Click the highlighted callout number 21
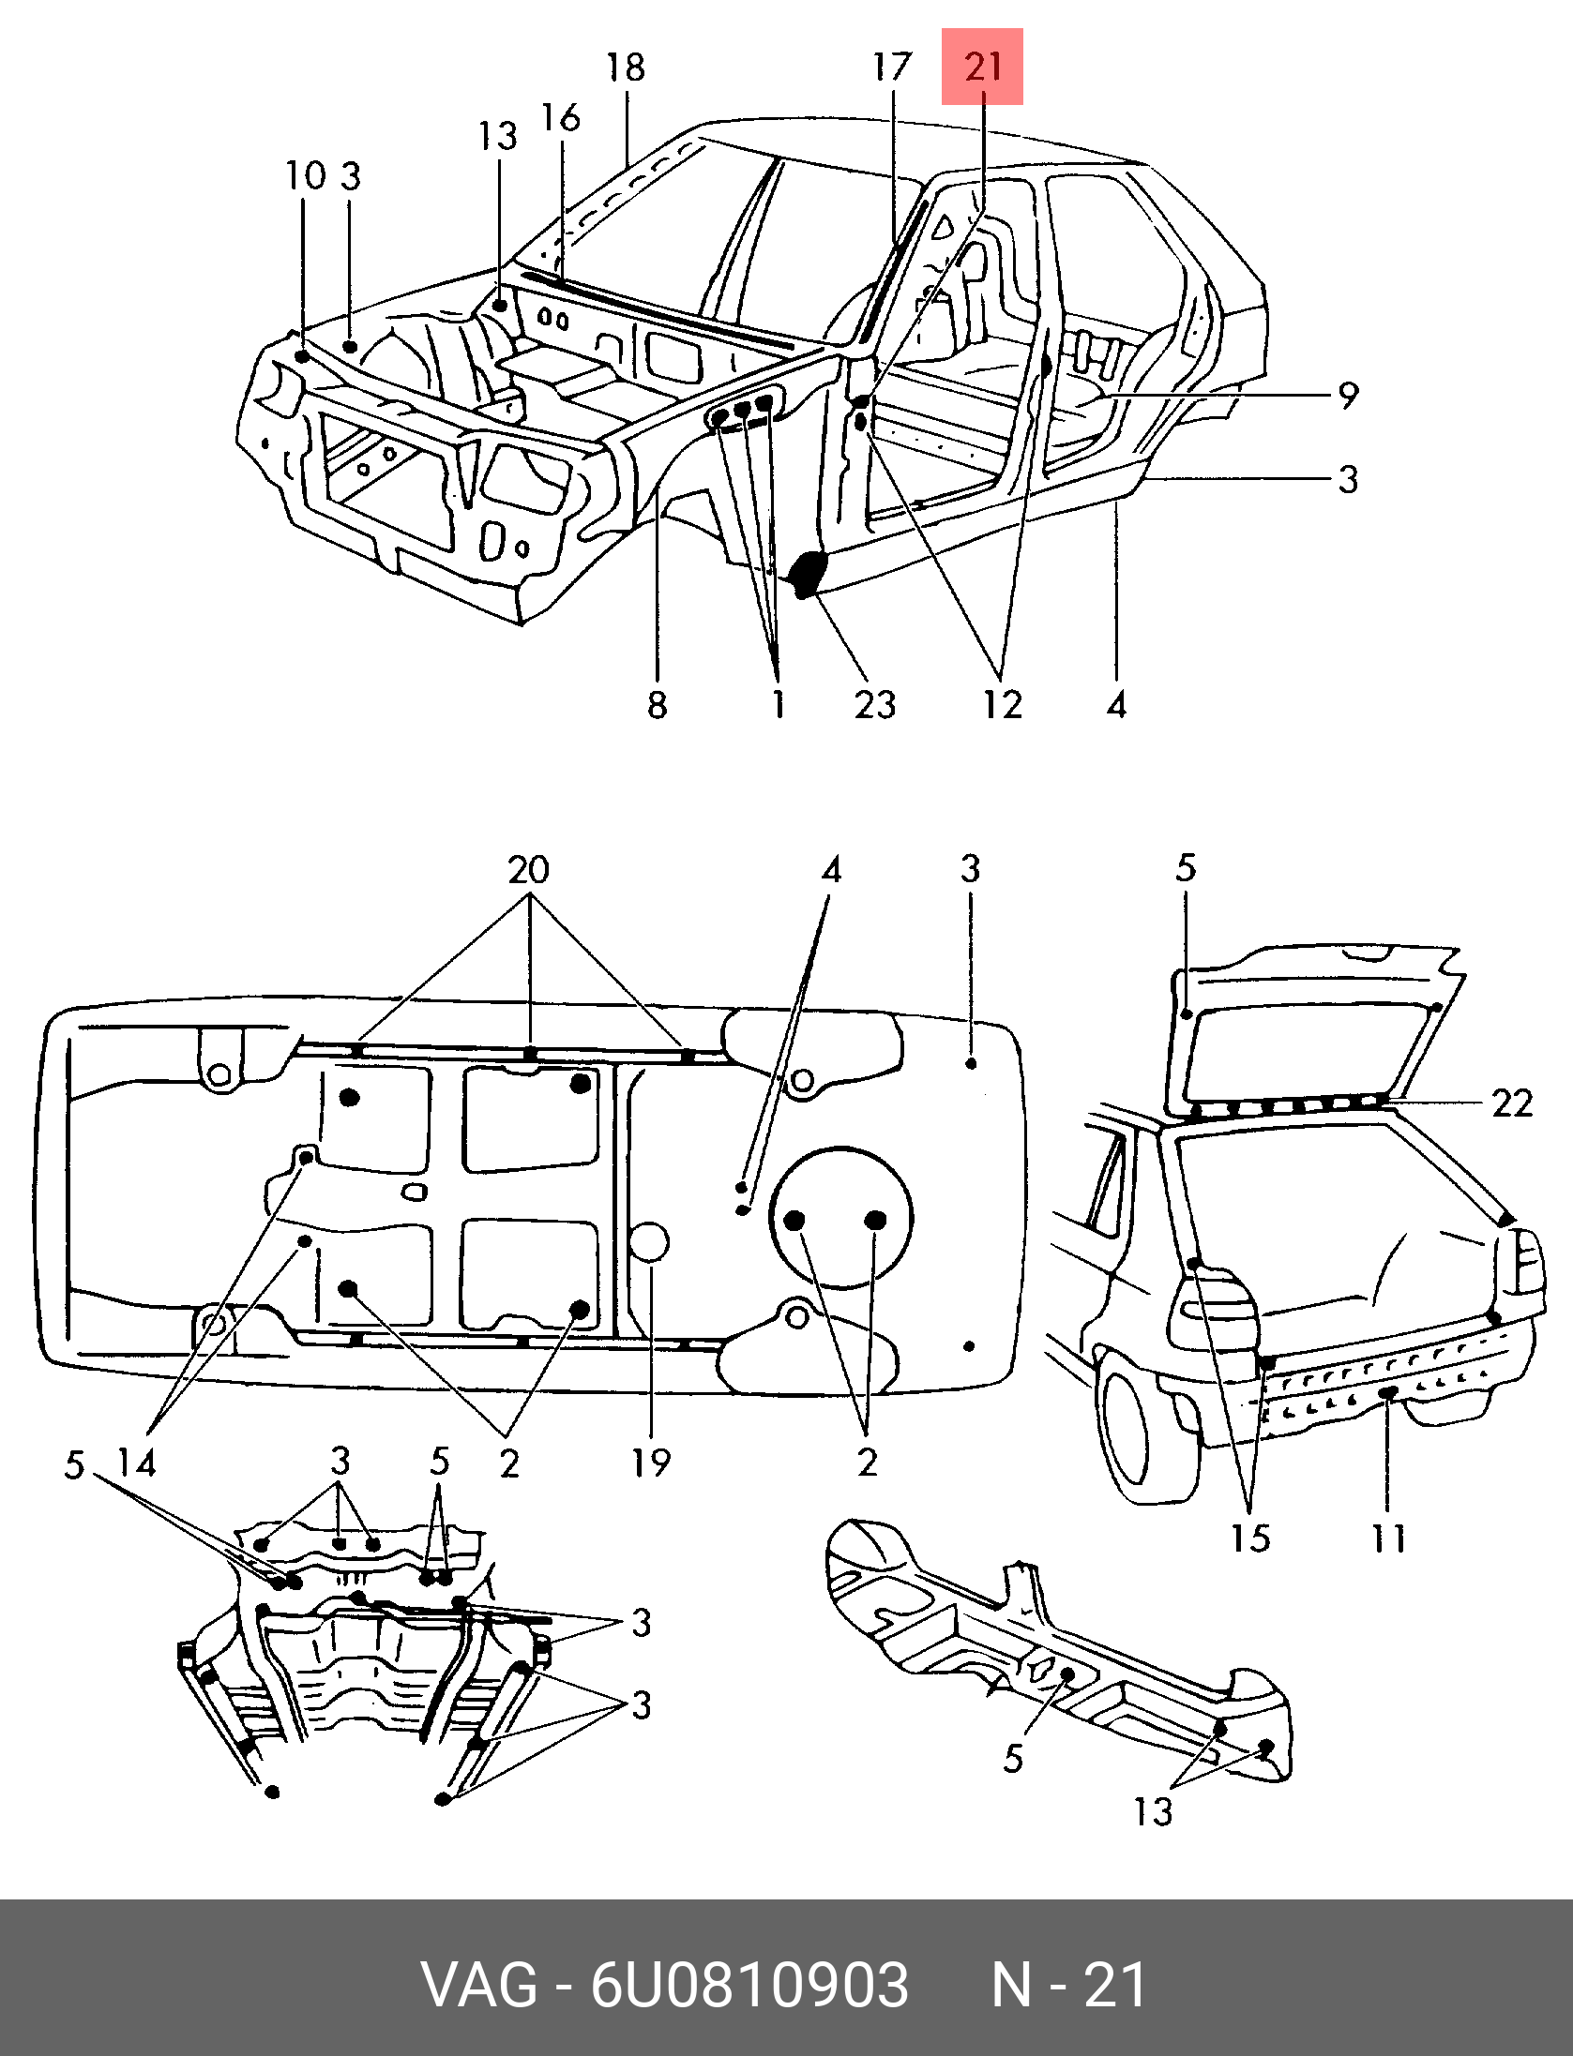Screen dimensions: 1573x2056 (x=983, y=67)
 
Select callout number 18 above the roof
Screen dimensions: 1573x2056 (x=626, y=68)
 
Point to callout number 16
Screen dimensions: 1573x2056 (x=561, y=118)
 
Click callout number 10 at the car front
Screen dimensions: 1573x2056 (x=307, y=175)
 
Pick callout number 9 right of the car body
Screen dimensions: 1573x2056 (x=1348, y=396)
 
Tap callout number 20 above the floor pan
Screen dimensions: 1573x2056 (x=529, y=870)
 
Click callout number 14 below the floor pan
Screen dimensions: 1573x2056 (x=137, y=1462)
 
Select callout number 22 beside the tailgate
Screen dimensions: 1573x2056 (x=1512, y=1103)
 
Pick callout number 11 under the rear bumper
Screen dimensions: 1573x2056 (x=1389, y=1538)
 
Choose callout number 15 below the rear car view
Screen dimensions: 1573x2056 (x=1251, y=1538)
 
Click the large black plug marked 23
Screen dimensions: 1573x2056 (x=808, y=574)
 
